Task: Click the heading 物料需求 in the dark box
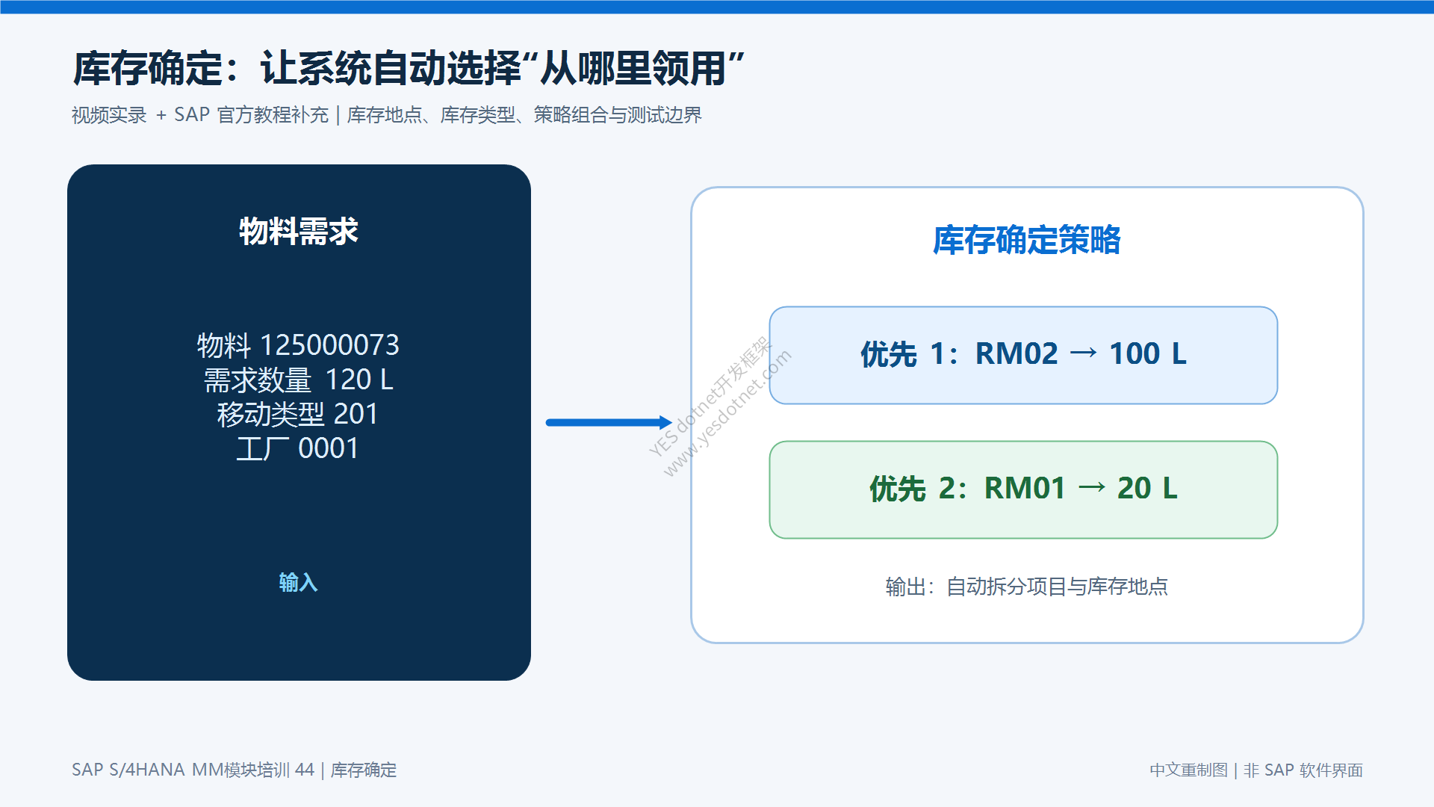coord(299,232)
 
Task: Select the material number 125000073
coord(329,345)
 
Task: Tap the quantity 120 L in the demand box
coord(359,380)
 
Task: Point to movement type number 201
coord(356,414)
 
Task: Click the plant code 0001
coord(329,448)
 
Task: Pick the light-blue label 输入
coord(299,582)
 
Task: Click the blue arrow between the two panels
coord(609,422)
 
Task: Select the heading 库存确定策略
coord(1027,240)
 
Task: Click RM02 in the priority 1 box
coord(1016,353)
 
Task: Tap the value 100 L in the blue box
coord(1148,353)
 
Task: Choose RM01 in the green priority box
coord(1025,488)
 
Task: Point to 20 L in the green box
coord(1147,488)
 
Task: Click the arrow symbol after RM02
coord(1084,353)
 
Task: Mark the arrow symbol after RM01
coord(1092,488)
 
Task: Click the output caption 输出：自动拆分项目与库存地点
coord(1027,587)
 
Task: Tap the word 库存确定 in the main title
coord(148,69)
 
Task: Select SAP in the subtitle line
coord(192,115)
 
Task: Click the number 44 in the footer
coord(305,770)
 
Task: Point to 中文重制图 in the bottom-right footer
coord(1188,770)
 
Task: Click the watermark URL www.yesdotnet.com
coord(727,413)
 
